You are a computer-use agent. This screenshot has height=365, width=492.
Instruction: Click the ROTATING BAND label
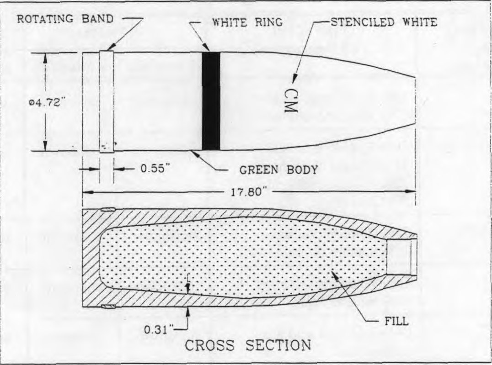pos(65,19)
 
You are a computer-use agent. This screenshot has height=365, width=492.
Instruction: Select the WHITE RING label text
pos(247,22)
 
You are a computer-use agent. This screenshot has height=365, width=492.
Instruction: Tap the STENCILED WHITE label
pos(384,22)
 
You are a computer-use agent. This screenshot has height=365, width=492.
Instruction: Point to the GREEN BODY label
pos(278,170)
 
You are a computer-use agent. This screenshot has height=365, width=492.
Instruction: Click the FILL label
pos(396,322)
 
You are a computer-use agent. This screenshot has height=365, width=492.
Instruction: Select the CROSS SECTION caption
pos(248,345)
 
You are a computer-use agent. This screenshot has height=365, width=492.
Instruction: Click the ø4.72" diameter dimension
pos(46,102)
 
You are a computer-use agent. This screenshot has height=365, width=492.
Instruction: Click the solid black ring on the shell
pos(211,101)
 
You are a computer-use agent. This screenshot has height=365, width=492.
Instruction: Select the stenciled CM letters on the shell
pos(290,101)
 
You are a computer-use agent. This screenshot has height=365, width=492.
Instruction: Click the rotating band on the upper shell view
pos(107,101)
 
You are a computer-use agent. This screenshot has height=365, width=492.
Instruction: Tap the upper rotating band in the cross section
pos(108,209)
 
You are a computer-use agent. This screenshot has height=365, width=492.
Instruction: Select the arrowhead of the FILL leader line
pos(335,276)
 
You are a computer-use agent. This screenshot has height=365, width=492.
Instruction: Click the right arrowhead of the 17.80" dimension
pos(411,191)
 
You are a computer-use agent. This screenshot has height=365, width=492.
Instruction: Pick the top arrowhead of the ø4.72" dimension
pos(45,58)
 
